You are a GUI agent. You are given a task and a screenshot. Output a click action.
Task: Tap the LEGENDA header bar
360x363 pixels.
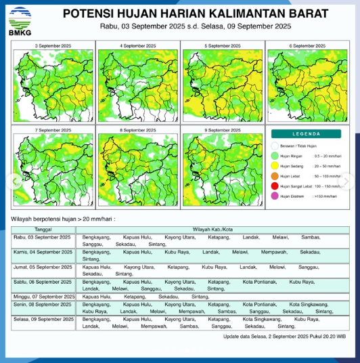click(307, 134)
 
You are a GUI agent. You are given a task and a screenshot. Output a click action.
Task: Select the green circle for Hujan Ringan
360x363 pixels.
click(275, 156)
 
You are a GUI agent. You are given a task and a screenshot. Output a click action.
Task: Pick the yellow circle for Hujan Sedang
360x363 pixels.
click(275, 166)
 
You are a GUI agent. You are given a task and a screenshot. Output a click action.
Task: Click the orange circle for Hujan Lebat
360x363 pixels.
click(275, 176)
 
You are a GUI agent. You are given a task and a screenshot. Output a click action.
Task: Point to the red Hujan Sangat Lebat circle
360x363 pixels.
click(275, 186)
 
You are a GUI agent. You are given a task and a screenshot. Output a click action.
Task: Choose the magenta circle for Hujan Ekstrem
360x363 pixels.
click(275, 196)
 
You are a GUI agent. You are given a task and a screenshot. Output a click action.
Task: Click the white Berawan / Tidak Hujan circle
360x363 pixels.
click(275, 146)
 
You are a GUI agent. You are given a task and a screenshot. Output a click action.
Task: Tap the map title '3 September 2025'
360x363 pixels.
click(53, 45)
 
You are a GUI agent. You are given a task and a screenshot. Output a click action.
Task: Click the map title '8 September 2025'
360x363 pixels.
click(138, 129)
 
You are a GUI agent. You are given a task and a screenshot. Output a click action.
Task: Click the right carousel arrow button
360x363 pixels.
click(349, 181)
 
